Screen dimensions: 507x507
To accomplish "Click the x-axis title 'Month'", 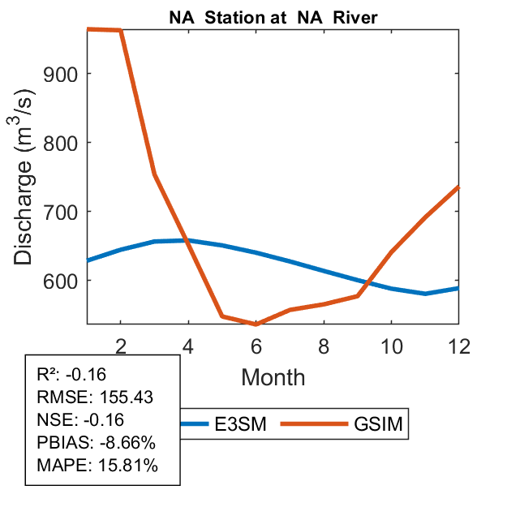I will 273,376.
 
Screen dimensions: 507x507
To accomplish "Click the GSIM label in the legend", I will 377,423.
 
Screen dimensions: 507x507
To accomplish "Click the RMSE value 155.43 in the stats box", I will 127,397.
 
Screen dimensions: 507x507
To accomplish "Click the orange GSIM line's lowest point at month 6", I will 256,324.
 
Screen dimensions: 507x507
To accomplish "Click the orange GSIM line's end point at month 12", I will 458,187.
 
